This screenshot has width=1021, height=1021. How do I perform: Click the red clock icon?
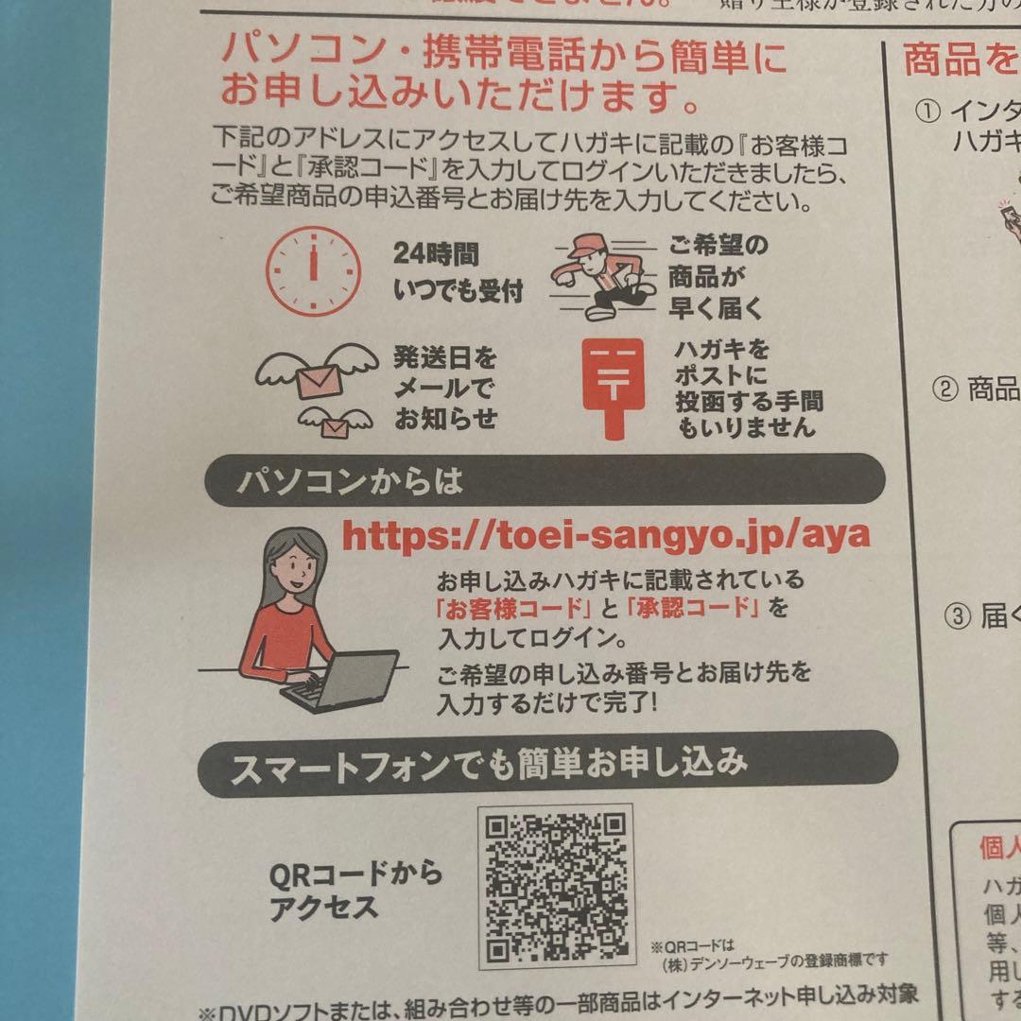(312, 269)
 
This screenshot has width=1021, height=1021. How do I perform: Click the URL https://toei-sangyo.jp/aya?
(605, 536)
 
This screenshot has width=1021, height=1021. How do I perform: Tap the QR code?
(555, 886)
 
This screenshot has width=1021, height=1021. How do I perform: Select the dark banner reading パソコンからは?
(541, 481)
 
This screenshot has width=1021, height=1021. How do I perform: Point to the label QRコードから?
(355, 874)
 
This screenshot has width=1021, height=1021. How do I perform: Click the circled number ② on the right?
(944, 389)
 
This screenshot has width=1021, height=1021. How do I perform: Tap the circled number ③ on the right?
(957, 616)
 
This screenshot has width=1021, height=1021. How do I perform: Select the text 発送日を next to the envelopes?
(444, 358)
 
